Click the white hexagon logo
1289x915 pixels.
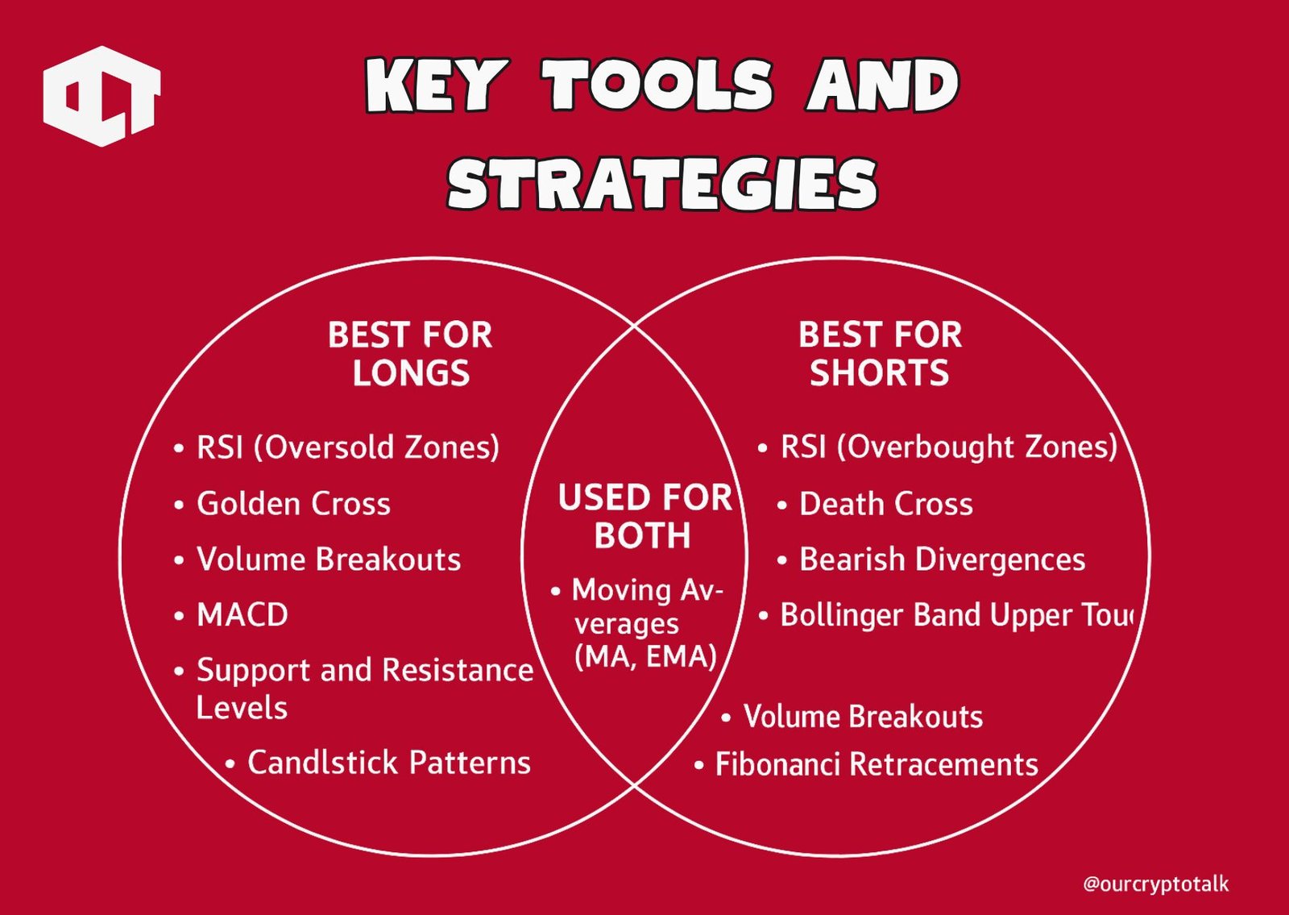pos(102,96)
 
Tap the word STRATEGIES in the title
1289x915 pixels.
pos(662,185)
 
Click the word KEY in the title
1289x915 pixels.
pos(436,85)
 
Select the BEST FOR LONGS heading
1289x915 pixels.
pos(410,354)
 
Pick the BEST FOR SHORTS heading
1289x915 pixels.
pos(880,354)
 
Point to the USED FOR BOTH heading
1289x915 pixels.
pos(644,517)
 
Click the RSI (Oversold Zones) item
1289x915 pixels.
pos(347,447)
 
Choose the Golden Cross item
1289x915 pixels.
pos(293,504)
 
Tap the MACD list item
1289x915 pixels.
pos(242,615)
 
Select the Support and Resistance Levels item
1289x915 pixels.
pos(364,688)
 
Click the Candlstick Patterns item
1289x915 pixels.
pos(388,763)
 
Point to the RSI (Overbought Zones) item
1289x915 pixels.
pos(948,447)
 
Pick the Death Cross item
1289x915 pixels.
pos(885,504)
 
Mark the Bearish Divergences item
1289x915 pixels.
pos(942,559)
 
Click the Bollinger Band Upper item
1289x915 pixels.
pos(955,615)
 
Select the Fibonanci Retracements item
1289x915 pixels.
pos(877,764)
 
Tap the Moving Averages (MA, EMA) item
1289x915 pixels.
pos(645,623)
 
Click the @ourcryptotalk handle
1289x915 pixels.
pos(1155,884)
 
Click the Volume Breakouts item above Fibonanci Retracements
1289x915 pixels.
pos(863,717)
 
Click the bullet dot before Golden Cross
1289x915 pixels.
pos(179,505)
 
